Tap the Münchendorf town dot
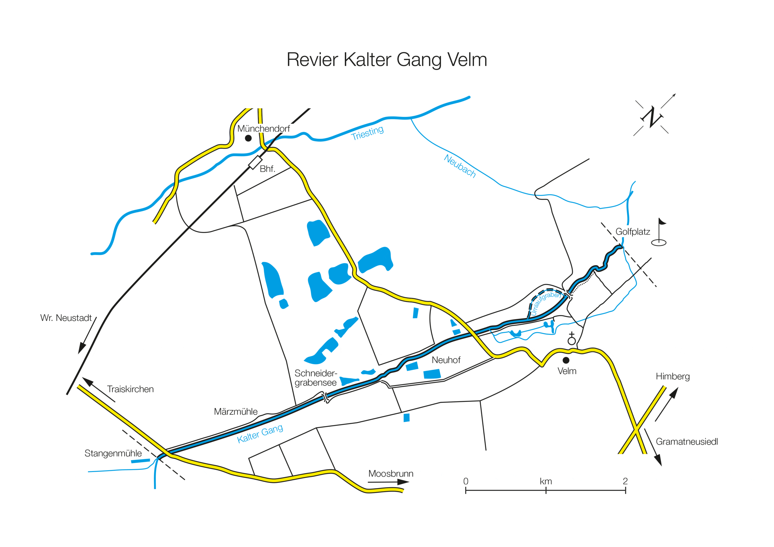[248, 138]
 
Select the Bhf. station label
[267, 169]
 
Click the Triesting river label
[367, 133]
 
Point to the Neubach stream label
[460, 166]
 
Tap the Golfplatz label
[633, 232]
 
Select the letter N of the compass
[652, 117]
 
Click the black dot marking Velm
[566, 360]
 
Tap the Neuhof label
[446, 360]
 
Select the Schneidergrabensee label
[316, 378]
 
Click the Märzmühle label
[236, 412]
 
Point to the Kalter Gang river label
[260, 433]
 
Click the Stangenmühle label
[113, 453]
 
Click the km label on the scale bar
[546, 482]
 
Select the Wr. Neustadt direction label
[66, 318]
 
